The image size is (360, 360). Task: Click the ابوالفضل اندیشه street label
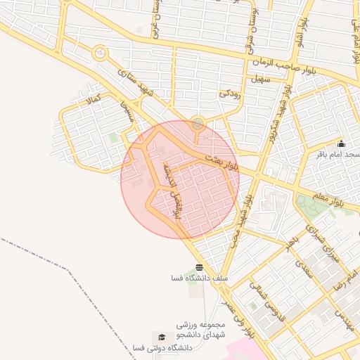171,191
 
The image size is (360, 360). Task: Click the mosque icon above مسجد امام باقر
341,144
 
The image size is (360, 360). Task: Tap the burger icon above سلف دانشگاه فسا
200,267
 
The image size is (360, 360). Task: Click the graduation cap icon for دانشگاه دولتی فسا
162,337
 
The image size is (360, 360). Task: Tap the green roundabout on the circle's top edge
198,124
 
